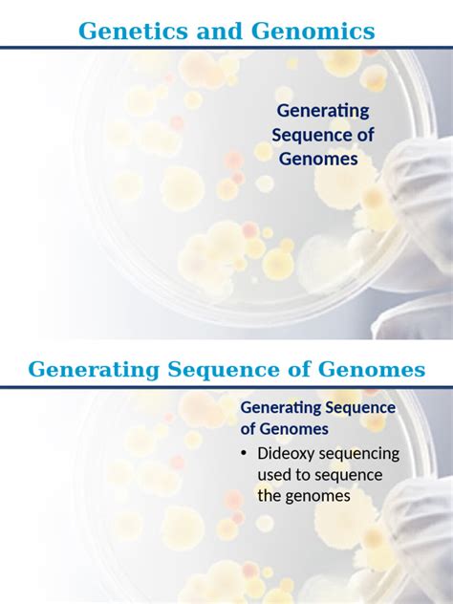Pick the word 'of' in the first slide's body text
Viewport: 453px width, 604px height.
pos(364,135)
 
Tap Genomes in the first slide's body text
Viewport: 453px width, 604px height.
pos(318,158)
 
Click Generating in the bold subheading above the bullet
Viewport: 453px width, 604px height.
pos(283,408)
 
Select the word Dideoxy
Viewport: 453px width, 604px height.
pos(290,454)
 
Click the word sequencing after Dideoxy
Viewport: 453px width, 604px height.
pos(362,454)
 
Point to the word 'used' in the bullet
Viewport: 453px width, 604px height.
pos(277,475)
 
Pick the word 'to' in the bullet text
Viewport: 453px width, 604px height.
pos(312,475)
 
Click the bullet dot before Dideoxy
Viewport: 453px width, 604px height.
pos(244,454)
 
